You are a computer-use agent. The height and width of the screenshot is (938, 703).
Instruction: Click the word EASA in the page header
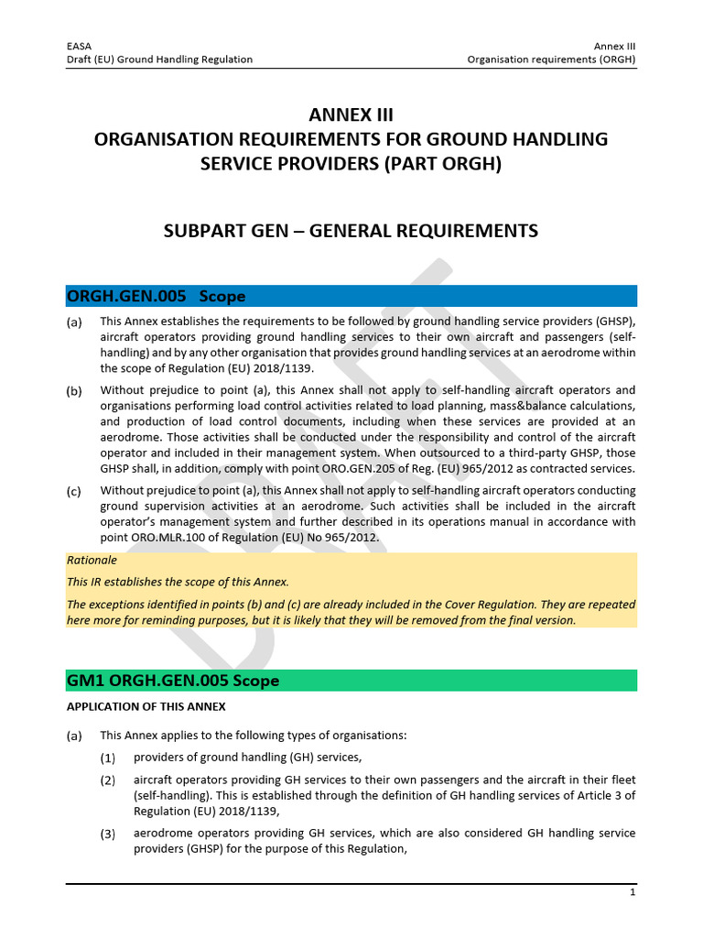[x=80, y=45]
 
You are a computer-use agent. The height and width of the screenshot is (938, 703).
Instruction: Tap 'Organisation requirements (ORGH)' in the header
[x=551, y=60]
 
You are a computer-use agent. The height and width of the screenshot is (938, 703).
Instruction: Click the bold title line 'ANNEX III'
[x=351, y=115]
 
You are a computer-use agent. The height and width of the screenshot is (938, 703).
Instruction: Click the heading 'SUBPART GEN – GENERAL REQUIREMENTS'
[x=351, y=231]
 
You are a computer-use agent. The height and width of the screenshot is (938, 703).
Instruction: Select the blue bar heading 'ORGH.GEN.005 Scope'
[x=157, y=296]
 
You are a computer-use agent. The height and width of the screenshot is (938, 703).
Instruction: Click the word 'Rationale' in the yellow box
[x=92, y=560]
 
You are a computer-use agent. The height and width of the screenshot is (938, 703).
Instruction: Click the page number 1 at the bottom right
[x=632, y=891]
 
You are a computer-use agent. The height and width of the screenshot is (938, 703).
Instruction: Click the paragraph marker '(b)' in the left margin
[x=74, y=391]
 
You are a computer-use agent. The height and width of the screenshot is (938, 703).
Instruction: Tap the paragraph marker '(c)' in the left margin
[x=74, y=491]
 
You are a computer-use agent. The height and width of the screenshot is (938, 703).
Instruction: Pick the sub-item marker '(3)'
[x=108, y=834]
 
